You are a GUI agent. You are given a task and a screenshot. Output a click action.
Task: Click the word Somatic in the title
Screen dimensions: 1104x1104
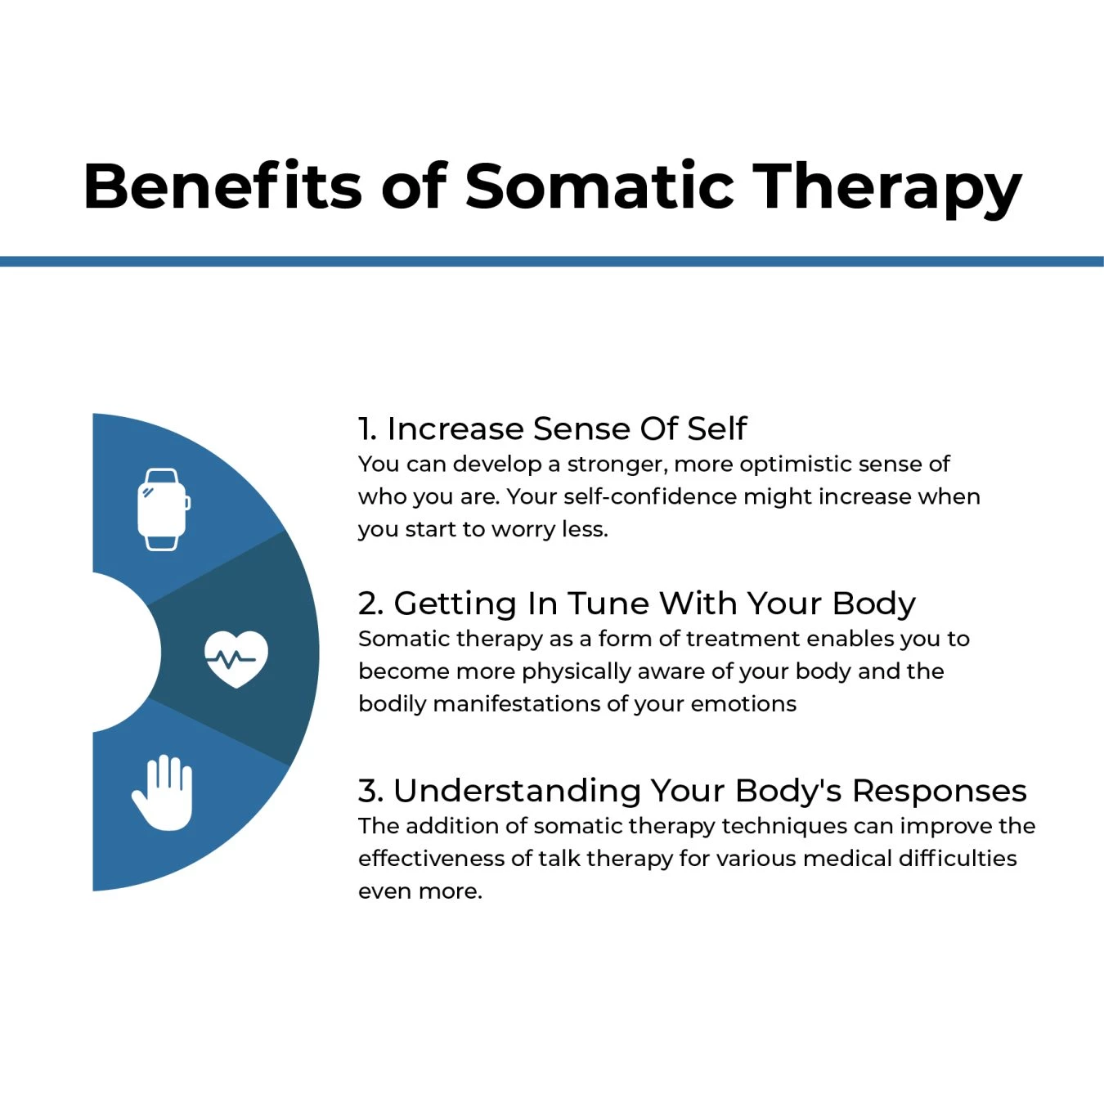pos(599,186)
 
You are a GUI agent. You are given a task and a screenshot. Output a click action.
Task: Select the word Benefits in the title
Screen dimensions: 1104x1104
pos(222,186)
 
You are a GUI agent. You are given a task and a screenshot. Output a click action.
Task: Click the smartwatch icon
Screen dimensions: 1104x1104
pos(163,509)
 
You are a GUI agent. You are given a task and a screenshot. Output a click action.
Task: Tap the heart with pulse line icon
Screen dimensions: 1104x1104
pos(236,657)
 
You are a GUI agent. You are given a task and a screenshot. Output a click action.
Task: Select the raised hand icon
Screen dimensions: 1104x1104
pos(164,792)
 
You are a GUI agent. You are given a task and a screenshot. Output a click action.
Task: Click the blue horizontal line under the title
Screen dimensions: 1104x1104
pos(552,262)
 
